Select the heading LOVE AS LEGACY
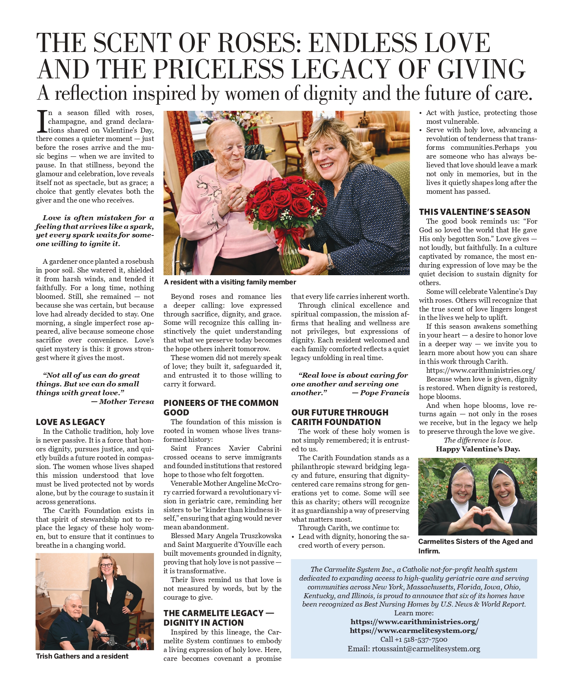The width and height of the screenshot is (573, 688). pyautogui.click(x=70, y=422)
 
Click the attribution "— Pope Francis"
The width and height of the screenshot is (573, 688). pyautogui.click(x=380, y=393)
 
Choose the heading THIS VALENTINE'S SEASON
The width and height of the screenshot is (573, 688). pyautogui.click(x=474, y=212)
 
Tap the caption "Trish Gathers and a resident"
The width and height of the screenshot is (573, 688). pyautogui.click(x=82, y=656)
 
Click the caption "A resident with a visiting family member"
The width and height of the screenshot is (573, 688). pyautogui.click(x=230, y=282)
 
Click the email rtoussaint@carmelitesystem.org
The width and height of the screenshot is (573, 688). pyautogui.click(x=426, y=649)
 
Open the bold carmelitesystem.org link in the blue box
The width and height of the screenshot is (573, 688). pyautogui.click(x=414, y=631)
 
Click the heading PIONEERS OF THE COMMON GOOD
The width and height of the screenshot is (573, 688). pyautogui.click(x=221, y=407)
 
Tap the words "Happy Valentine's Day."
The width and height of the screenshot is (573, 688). pyautogui.click(x=478, y=449)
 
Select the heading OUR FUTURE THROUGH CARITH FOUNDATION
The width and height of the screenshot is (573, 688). pyautogui.click(x=340, y=417)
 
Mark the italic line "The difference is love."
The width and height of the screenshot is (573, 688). pyautogui.click(x=478, y=440)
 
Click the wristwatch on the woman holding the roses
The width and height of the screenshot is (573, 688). pyautogui.click(x=330, y=261)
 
